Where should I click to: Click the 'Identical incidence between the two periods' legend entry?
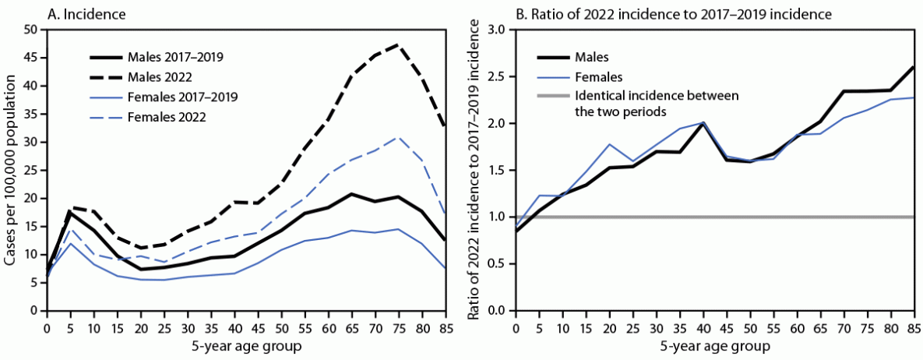pos(655,104)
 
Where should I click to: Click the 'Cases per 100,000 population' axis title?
pos(11,170)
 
